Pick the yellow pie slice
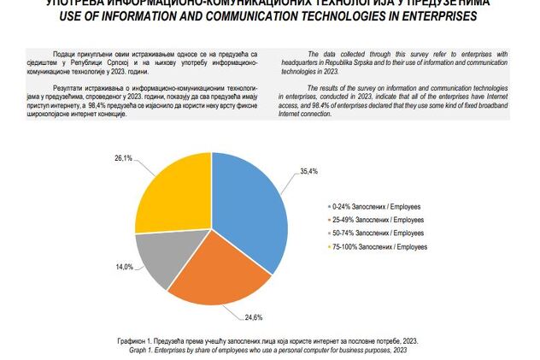pos(171,192)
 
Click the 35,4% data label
pos(309,172)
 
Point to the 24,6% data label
pos(254,317)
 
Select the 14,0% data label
pos(125,267)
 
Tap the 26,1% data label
pos(123,158)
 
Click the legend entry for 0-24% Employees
pos(376,207)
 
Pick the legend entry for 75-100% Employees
pos(379,246)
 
